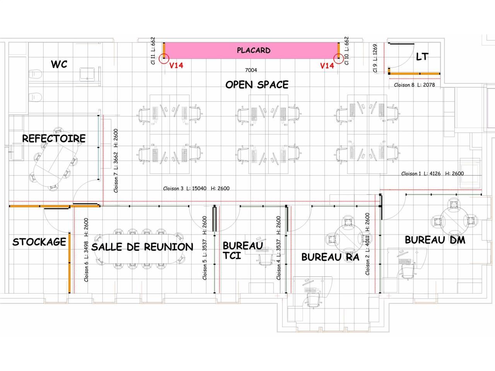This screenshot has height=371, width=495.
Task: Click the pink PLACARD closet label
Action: click(x=253, y=50)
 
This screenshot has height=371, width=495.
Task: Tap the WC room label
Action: click(x=59, y=64)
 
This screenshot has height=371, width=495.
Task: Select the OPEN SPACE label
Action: click(x=257, y=85)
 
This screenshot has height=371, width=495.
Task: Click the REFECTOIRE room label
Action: click(x=54, y=138)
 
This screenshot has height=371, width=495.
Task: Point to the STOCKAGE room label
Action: click(x=39, y=242)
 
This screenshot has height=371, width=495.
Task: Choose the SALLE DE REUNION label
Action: click(x=142, y=247)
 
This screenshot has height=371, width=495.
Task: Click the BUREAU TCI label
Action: click(x=242, y=250)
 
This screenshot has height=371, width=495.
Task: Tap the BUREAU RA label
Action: click(x=330, y=257)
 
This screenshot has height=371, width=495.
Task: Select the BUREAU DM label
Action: click(x=435, y=240)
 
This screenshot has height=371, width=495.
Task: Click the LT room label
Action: click(x=422, y=57)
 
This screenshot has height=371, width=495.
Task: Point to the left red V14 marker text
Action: click(x=176, y=66)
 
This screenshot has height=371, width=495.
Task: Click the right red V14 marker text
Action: click(x=327, y=66)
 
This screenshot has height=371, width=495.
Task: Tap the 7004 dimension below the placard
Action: click(x=251, y=70)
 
